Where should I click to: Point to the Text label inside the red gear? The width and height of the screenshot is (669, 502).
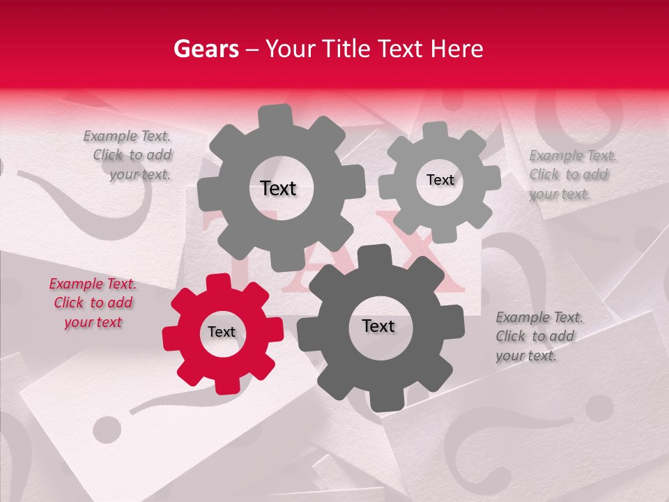222,333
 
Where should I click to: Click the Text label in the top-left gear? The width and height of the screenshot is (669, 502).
278,189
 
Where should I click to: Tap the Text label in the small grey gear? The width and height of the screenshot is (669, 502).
440,180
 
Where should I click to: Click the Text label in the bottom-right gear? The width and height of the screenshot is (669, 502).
378,326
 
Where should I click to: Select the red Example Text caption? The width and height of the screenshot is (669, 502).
93,303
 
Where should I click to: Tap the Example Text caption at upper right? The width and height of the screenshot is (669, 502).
569,175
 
